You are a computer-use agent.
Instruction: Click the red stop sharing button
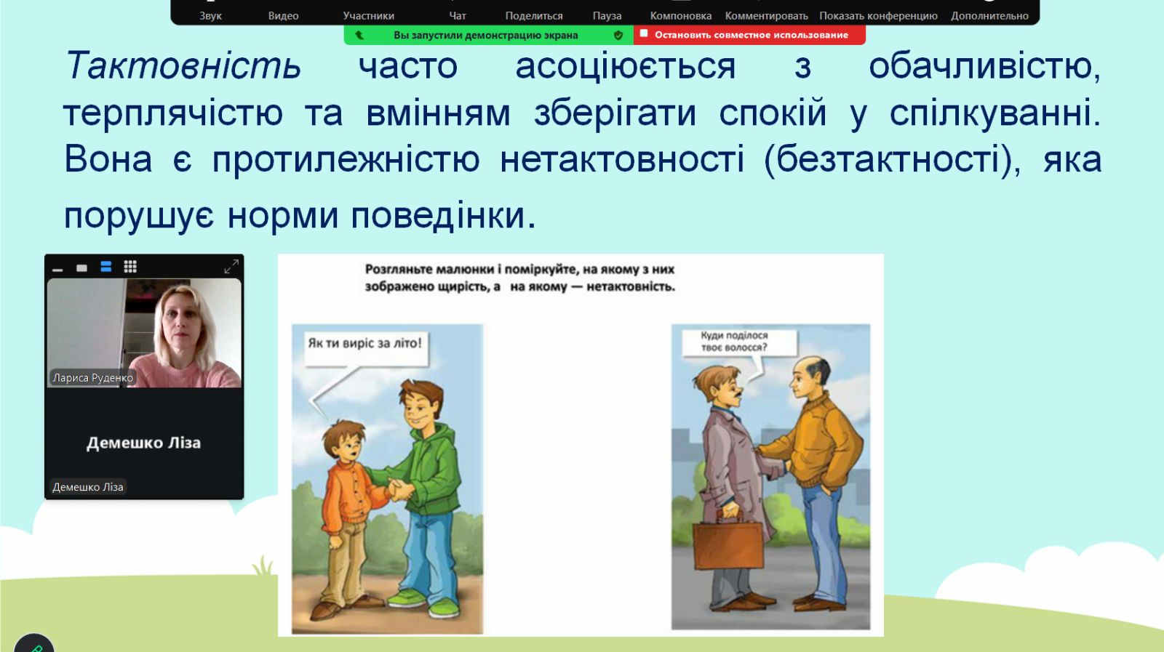(x=749, y=35)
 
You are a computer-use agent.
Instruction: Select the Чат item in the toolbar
(x=458, y=15)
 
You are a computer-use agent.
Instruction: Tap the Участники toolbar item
(x=368, y=15)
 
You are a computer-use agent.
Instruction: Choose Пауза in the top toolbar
(x=607, y=15)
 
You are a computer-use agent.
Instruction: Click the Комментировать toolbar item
(x=767, y=15)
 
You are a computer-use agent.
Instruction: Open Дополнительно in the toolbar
(x=989, y=15)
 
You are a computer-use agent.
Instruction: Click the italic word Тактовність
(x=183, y=66)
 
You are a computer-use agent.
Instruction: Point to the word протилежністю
(x=346, y=159)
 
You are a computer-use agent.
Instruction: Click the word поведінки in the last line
(x=443, y=215)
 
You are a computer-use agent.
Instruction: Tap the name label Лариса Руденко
(x=92, y=377)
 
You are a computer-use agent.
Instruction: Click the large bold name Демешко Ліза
(x=143, y=443)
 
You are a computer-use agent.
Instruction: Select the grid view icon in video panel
(x=130, y=266)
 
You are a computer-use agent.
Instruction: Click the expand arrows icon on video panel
(x=231, y=266)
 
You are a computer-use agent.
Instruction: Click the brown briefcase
(x=728, y=542)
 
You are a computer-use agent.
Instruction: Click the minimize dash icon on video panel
(x=57, y=270)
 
